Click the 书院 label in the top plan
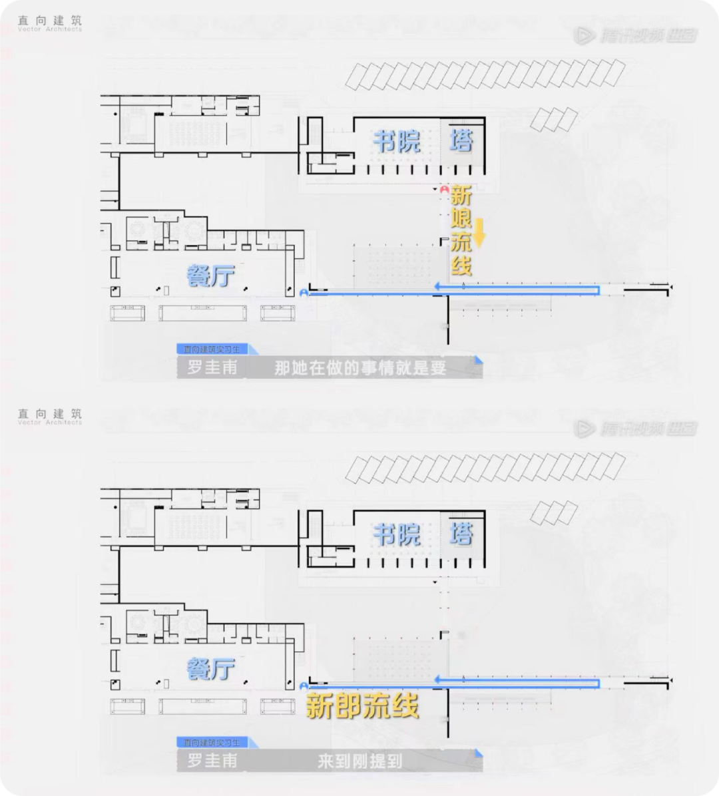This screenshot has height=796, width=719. [397, 141]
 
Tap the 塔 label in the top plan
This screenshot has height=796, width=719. [461, 141]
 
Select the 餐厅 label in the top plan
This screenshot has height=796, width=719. [210, 276]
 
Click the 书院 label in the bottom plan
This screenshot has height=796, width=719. [397, 534]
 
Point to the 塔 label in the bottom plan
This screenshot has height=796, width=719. [461, 534]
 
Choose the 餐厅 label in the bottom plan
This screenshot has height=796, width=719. [210, 668]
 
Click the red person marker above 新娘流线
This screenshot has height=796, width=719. [444, 190]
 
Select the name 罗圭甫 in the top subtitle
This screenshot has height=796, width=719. [212, 368]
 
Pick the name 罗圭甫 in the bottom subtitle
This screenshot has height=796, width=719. [212, 761]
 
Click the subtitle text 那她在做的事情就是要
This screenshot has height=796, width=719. [360, 368]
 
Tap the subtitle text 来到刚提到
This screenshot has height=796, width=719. [360, 761]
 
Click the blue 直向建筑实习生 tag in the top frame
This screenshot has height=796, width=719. [212, 349]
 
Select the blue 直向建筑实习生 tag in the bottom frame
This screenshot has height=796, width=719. [212, 742]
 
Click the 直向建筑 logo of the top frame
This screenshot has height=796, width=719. [50, 24]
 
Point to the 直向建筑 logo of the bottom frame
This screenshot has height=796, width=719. [50, 417]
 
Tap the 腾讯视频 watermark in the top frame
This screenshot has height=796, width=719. [636, 35]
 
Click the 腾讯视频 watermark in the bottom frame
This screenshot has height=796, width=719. [636, 429]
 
